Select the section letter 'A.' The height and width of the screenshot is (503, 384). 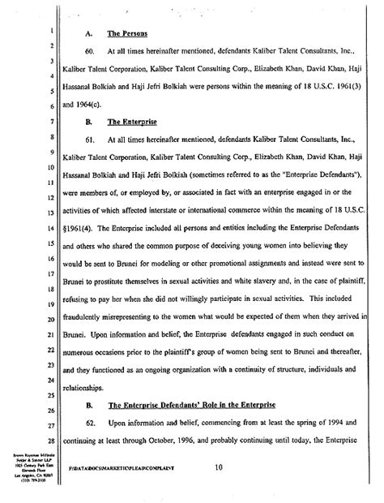[89, 35]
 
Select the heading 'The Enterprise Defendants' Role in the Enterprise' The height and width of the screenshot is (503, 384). [199, 427]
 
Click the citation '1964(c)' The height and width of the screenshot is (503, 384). [94, 105]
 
